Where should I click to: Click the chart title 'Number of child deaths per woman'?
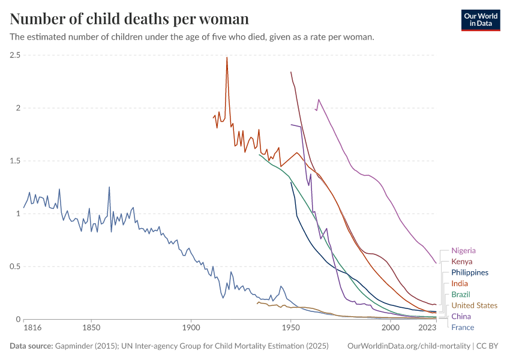(130, 19)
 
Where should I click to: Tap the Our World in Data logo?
(480, 20)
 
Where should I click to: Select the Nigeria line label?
(464, 250)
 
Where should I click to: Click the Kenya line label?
(462, 262)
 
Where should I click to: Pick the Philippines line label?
(470, 272)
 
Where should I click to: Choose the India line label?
(460, 283)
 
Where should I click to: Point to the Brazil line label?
(461, 295)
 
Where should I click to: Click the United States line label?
(474, 305)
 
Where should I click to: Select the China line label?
(461, 316)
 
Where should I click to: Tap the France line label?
(463, 327)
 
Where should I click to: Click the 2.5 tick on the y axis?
(15, 55)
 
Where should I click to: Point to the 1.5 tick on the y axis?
(15, 161)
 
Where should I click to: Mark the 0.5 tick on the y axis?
(15, 266)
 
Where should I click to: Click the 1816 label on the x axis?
(32, 328)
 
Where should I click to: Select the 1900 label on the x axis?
(191, 328)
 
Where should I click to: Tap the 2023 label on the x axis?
(427, 328)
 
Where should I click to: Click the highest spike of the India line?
(227, 58)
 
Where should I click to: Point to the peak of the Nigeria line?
(319, 100)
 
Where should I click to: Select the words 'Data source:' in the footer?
(31, 346)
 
